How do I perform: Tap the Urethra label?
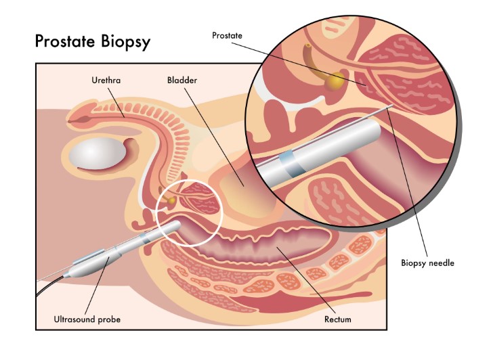click(x=106, y=81)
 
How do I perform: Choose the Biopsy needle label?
click(x=428, y=263)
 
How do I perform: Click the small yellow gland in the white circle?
click(x=172, y=200)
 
